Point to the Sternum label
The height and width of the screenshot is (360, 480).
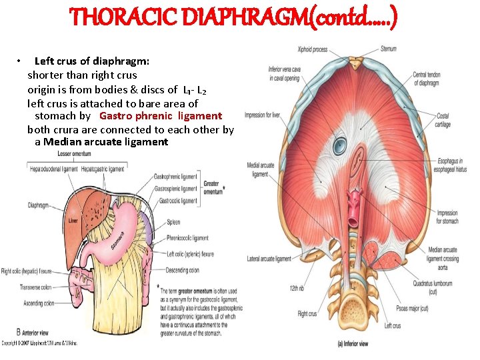pyautogui.click(x=389, y=49)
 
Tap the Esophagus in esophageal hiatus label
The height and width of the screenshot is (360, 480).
pyautogui.click(x=444, y=163)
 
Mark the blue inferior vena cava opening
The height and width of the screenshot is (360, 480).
pyautogui.click(x=341, y=144)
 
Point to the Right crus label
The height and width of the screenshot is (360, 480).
pyautogui.click(x=307, y=313)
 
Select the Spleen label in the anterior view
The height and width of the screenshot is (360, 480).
pyautogui.click(x=173, y=223)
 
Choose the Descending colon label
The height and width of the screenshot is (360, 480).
pyautogui.click(x=183, y=271)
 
